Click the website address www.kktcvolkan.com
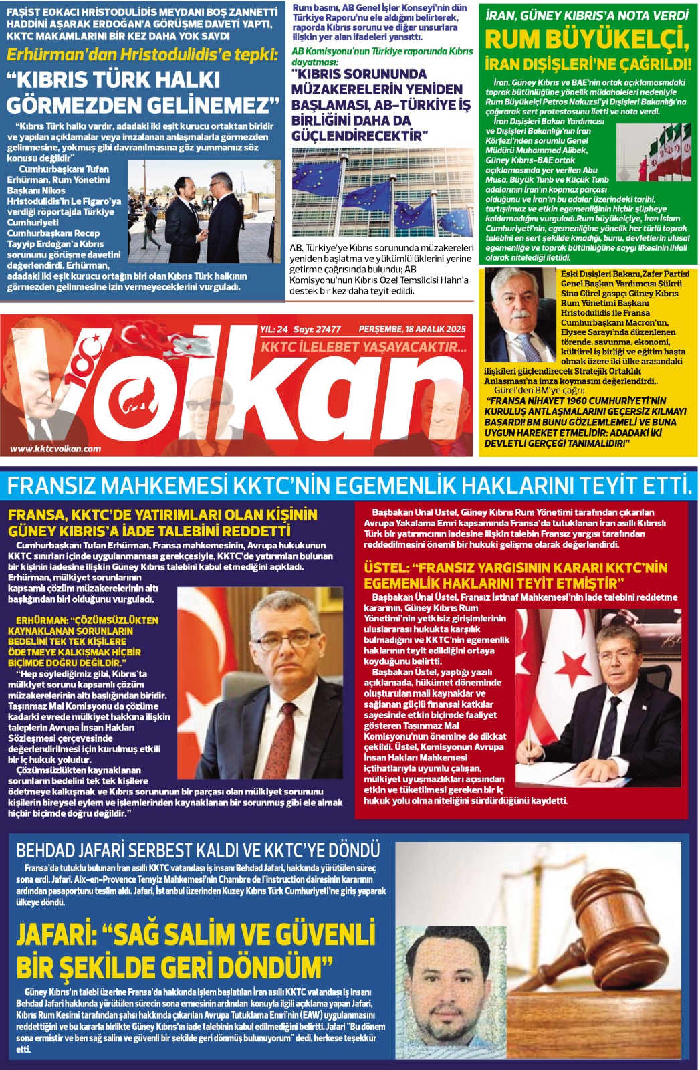[x=55, y=449]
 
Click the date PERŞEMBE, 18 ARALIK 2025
[x=412, y=329]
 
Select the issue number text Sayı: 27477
[x=317, y=329]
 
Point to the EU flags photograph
[x=382, y=193]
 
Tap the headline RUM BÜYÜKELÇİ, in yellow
[x=586, y=40]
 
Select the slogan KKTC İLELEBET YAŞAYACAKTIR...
[x=363, y=347]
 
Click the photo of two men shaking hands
[x=204, y=211]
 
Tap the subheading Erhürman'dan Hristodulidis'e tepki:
[x=142, y=54]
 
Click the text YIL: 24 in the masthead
[x=273, y=329]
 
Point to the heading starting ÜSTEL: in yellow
[x=515, y=575]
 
